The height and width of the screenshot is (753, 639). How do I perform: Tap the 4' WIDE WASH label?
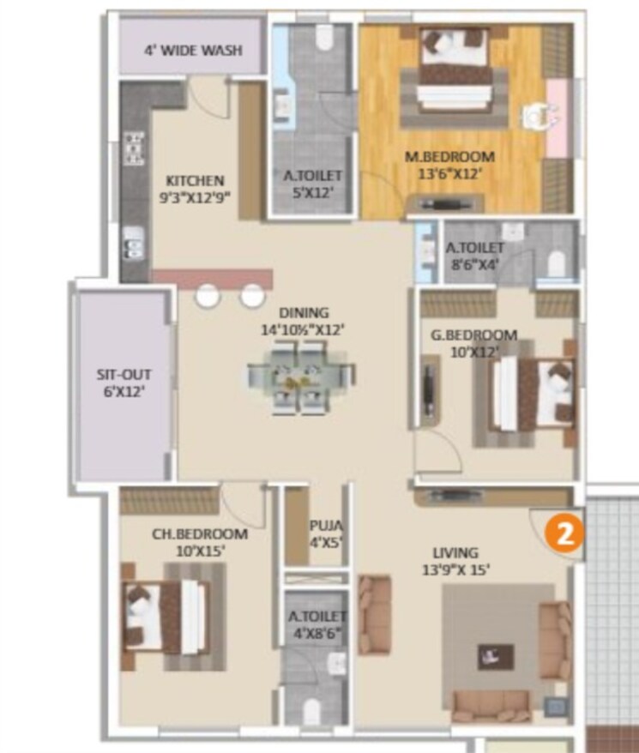coord(193,50)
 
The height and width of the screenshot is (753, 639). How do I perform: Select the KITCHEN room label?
coord(195,180)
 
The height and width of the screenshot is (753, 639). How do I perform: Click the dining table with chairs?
coord(300,376)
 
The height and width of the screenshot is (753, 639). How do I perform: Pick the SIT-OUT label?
coord(120,376)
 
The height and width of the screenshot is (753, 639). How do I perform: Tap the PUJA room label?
coord(326,525)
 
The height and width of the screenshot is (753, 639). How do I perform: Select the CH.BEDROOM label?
coord(200,533)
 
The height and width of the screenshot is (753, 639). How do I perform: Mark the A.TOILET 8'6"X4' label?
coord(469,250)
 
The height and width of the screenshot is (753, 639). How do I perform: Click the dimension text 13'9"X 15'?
coord(455,569)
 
